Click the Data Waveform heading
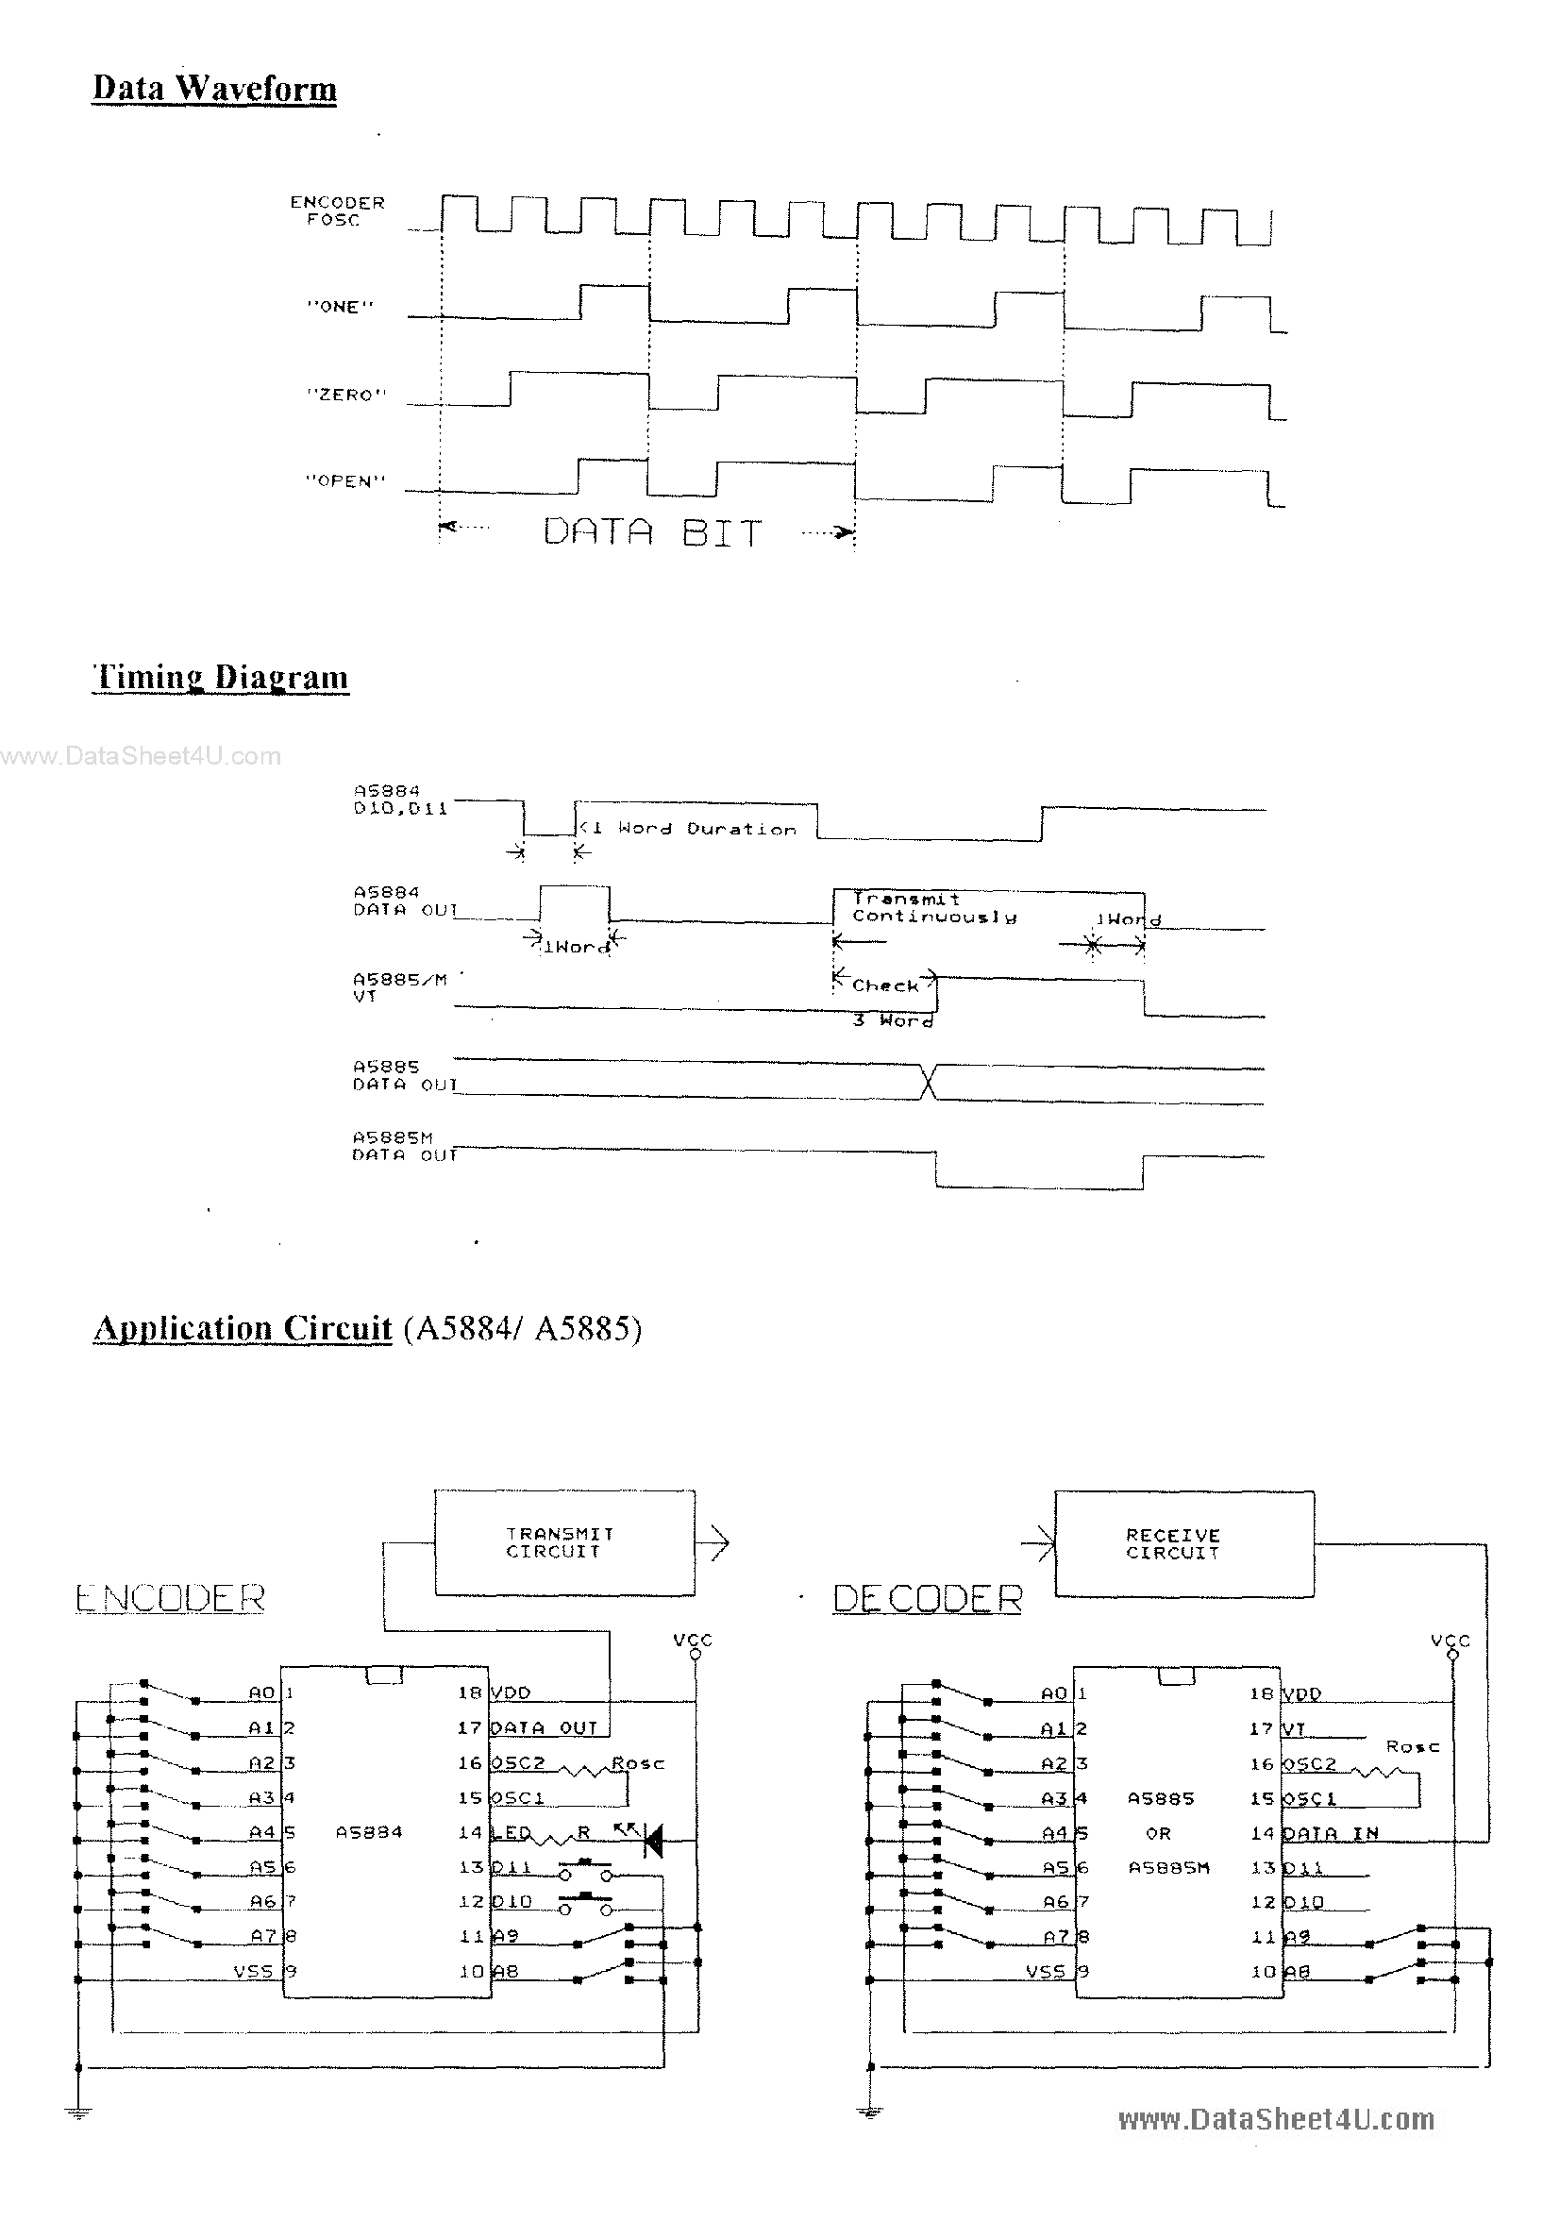(x=213, y=89)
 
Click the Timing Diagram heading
(x=221, y=677)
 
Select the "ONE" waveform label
(x=339, y=307)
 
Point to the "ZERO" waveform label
(x=345, y=395)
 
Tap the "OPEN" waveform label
(x=345, y=480)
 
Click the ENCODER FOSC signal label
(x=337, y=210)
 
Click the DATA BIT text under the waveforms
(x=651, y=531)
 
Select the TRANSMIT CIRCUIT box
(x=563, y=1542)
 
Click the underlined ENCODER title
(x=170, y=1598)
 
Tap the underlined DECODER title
(x=927, y=1599)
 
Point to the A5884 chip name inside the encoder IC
(x=368, y=1832)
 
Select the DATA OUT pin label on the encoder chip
(x=545, y=1727)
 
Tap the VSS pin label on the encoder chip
(x=253, y=1970)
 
